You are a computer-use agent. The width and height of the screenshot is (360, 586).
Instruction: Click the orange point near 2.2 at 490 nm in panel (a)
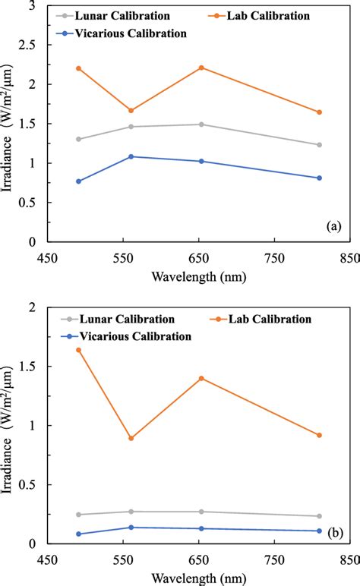[78, 68]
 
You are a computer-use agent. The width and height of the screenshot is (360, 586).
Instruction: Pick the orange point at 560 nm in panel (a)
[131, 111]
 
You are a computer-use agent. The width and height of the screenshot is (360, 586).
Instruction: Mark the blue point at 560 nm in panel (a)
[131, 156]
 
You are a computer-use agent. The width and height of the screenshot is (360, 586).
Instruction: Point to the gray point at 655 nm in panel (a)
[201, 124]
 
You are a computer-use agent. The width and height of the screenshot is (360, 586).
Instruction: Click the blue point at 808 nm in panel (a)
[319, 178]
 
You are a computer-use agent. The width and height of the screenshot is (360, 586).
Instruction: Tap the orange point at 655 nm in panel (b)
[201, 378]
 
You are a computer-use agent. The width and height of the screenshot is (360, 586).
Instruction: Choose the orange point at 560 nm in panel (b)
[131, 438]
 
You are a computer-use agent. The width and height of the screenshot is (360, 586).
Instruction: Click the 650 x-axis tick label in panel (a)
[200, 258]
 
